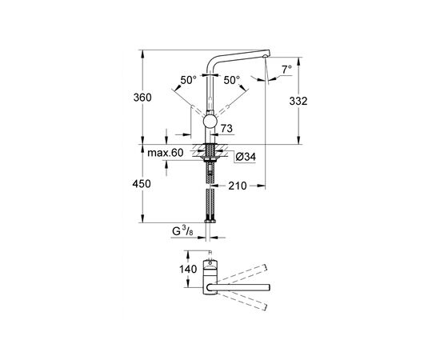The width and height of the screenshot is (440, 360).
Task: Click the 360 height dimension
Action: (142, 98)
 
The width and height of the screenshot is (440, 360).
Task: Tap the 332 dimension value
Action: (298, 101)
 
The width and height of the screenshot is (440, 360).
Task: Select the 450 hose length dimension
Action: (142, 184)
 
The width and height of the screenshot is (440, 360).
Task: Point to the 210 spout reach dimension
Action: (238, 186)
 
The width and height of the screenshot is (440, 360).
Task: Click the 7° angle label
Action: (286, 69)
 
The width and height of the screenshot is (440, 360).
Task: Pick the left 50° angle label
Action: (188, 80)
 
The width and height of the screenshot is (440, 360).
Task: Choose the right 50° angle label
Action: (232, 80)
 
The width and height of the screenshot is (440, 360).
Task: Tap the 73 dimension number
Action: (226, 129)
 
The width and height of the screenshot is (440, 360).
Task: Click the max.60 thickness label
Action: (166, 153)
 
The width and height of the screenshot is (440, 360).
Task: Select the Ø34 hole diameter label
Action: (246, 157)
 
